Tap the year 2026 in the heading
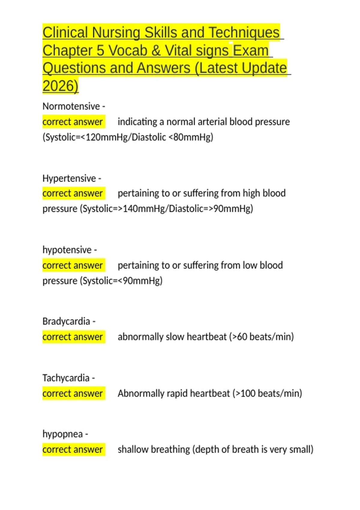60,86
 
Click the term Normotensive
71,106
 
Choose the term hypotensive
67,250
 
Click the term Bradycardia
66,321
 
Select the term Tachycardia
66,378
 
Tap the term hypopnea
62,434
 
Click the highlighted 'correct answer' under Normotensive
73,122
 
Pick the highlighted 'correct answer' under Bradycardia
73,337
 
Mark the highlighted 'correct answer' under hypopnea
73,449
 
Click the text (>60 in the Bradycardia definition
238,337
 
